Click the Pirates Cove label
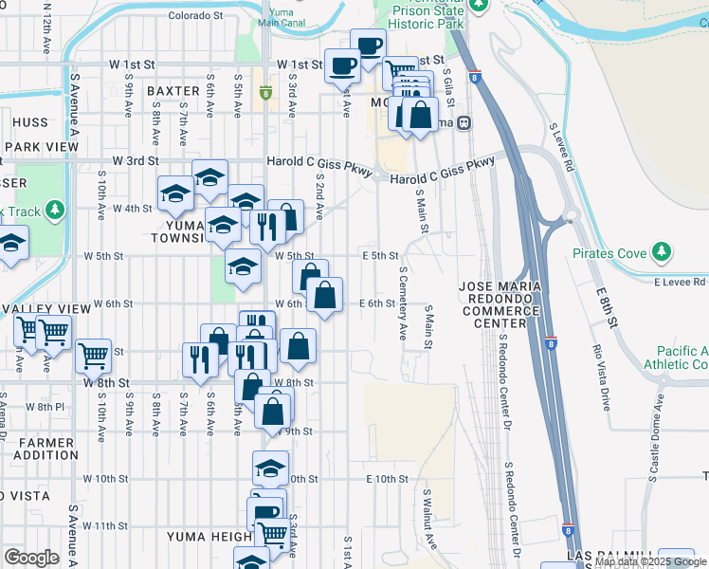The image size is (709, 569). tap(609, 254)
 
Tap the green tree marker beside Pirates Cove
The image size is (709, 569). tap(662, 252)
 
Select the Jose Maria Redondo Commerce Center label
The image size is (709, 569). tap(499, 303)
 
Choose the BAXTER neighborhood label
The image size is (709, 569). tap(173, 91)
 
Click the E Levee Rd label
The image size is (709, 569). tap(680, 282)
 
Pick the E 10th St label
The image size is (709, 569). tap(387, 480)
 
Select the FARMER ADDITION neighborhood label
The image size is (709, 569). tap(45, 449)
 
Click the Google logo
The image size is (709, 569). tap(31, 558)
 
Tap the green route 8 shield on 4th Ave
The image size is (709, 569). tap(266, 94)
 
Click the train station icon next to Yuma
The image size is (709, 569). tap(464, 122)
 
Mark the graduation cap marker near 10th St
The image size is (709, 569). tap(270, 467)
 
